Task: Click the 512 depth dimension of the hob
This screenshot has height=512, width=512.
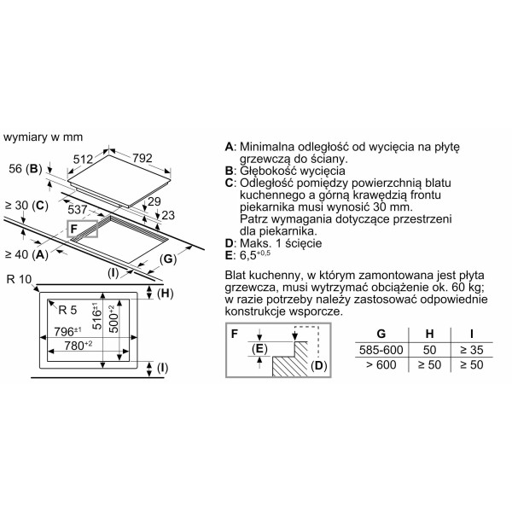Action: tap(84, 159)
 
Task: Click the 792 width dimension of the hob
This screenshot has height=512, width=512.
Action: tap(143, 158)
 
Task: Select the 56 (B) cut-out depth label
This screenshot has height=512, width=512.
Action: tap(26, 169)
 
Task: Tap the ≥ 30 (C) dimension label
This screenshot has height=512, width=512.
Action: tap(26, 206)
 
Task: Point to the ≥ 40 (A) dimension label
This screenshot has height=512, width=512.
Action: tap(26, 254)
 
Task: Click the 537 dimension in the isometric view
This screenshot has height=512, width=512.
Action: tap(78, 210)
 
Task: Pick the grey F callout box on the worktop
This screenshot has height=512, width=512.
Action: tap(82, 229)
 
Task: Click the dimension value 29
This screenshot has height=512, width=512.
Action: tap(154, 201)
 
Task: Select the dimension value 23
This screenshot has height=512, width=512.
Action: tap(168, 215)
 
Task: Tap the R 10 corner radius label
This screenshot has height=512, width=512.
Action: tap(20, 280)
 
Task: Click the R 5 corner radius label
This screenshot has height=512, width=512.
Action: tap(67, 310)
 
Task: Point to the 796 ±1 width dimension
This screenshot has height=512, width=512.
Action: tap(67, 331)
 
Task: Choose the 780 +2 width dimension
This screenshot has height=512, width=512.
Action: tap(79, 345)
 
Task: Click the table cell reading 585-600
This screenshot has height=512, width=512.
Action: tap(381, 350)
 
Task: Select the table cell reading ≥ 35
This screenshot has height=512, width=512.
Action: tap(472, 350)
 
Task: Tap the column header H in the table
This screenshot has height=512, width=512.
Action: tap(429, 334)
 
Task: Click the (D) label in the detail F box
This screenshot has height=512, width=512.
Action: tap(318, 365)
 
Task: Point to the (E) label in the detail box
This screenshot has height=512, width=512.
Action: tap(259, 349)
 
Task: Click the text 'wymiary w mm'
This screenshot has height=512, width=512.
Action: tap(44, 137)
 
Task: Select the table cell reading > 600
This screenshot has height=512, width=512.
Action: tap(381, 364)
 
